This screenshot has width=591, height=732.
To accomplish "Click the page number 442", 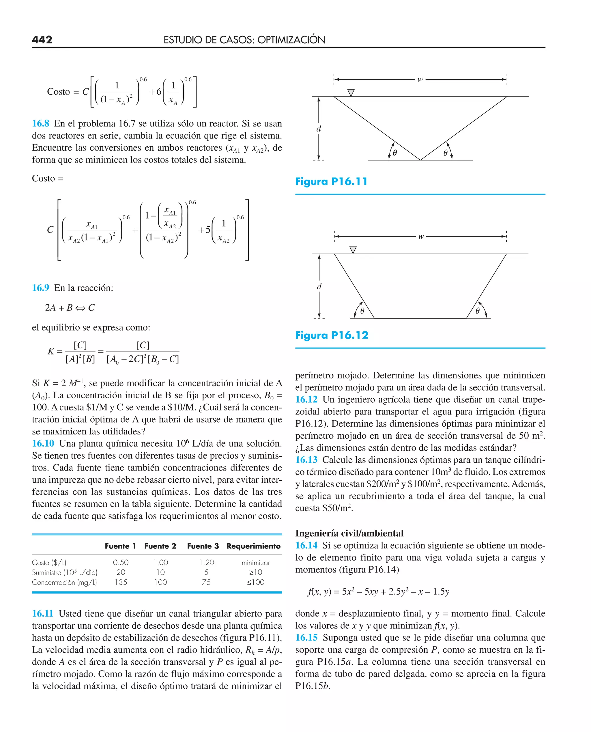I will click(42, 40).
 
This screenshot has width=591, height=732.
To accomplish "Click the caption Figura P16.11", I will click(331, 182).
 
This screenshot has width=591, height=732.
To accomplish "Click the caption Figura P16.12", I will click(332, 335).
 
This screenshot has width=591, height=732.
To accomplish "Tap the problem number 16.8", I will click(40, 124).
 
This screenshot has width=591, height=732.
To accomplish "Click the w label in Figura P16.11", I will click(420, 79).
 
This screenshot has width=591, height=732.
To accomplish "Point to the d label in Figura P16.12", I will click(319, 286).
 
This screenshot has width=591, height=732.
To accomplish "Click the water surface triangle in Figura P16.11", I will click(351, 93).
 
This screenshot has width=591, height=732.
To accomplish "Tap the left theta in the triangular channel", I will click(394, 153).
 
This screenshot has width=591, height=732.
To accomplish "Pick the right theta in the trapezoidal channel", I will click(477, 311).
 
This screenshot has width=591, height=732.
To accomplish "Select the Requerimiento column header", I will click(253, 546).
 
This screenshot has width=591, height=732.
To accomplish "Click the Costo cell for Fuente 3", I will click(206, 563).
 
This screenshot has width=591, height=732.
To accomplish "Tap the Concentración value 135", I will click(121, 582).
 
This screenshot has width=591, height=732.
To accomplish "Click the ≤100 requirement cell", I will click(256, 582).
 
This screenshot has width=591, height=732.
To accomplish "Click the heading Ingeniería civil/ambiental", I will click(349, 533).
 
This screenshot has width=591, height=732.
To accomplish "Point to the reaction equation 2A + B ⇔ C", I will click(70, 308).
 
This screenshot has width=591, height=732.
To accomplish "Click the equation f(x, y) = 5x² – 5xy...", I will click(378, 591).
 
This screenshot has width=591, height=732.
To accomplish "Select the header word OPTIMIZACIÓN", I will click(291, 40).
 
